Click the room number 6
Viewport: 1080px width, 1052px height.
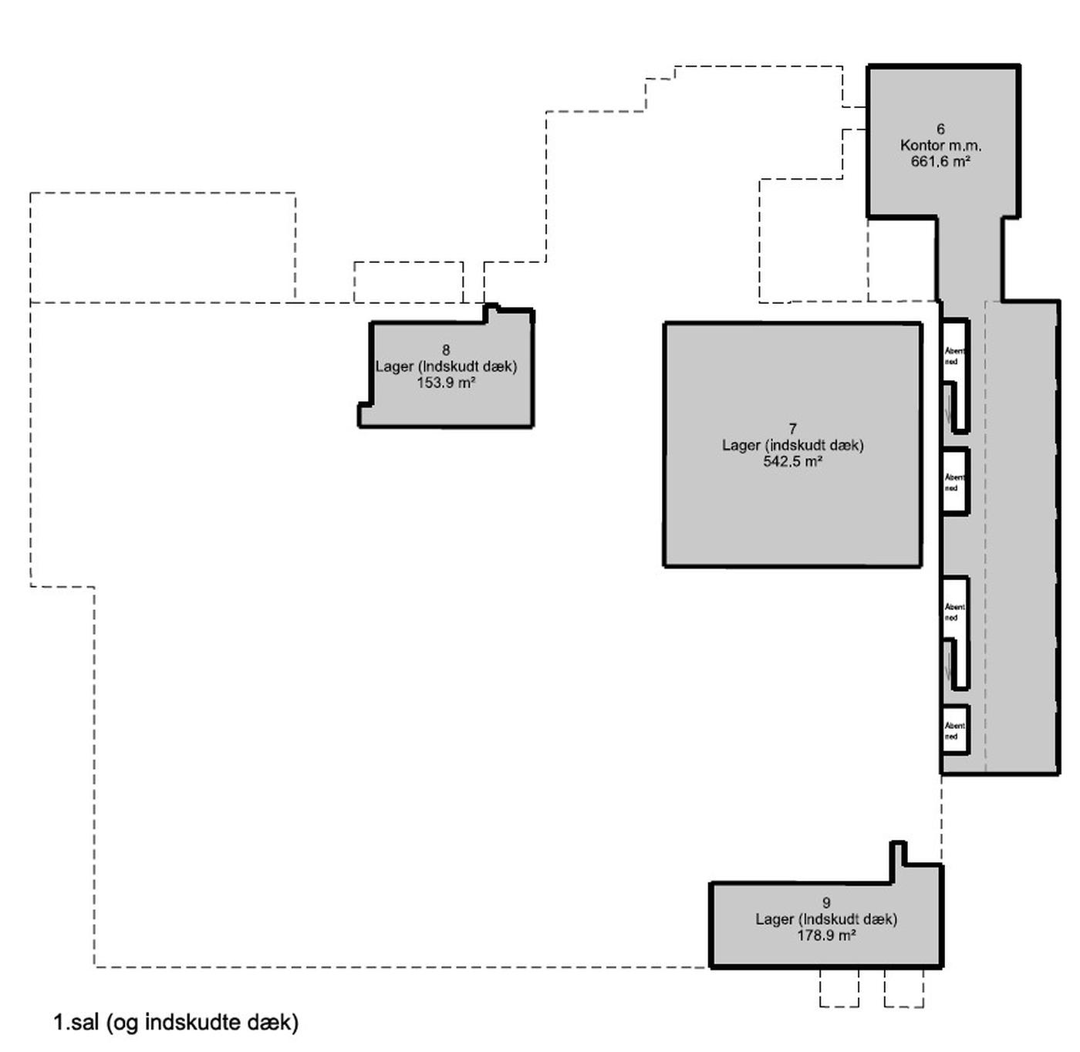(940, 129)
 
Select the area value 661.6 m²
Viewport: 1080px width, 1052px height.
(940, 161)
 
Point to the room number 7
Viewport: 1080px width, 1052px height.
(792, 429)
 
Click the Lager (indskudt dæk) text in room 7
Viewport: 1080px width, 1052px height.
(792, 445)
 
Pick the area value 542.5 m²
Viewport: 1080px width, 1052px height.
(792, 461)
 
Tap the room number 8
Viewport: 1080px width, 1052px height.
(446, 350)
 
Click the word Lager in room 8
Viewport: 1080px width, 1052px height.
(394, 366)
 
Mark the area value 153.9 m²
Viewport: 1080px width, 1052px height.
(446, 383)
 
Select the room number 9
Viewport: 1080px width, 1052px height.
(826, 902)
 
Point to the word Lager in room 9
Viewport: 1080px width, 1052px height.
(775, 919)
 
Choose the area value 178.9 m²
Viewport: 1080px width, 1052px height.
(826, 935)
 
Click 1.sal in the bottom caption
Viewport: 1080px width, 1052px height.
(76, 1023)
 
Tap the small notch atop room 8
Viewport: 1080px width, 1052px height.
(490, 313)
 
